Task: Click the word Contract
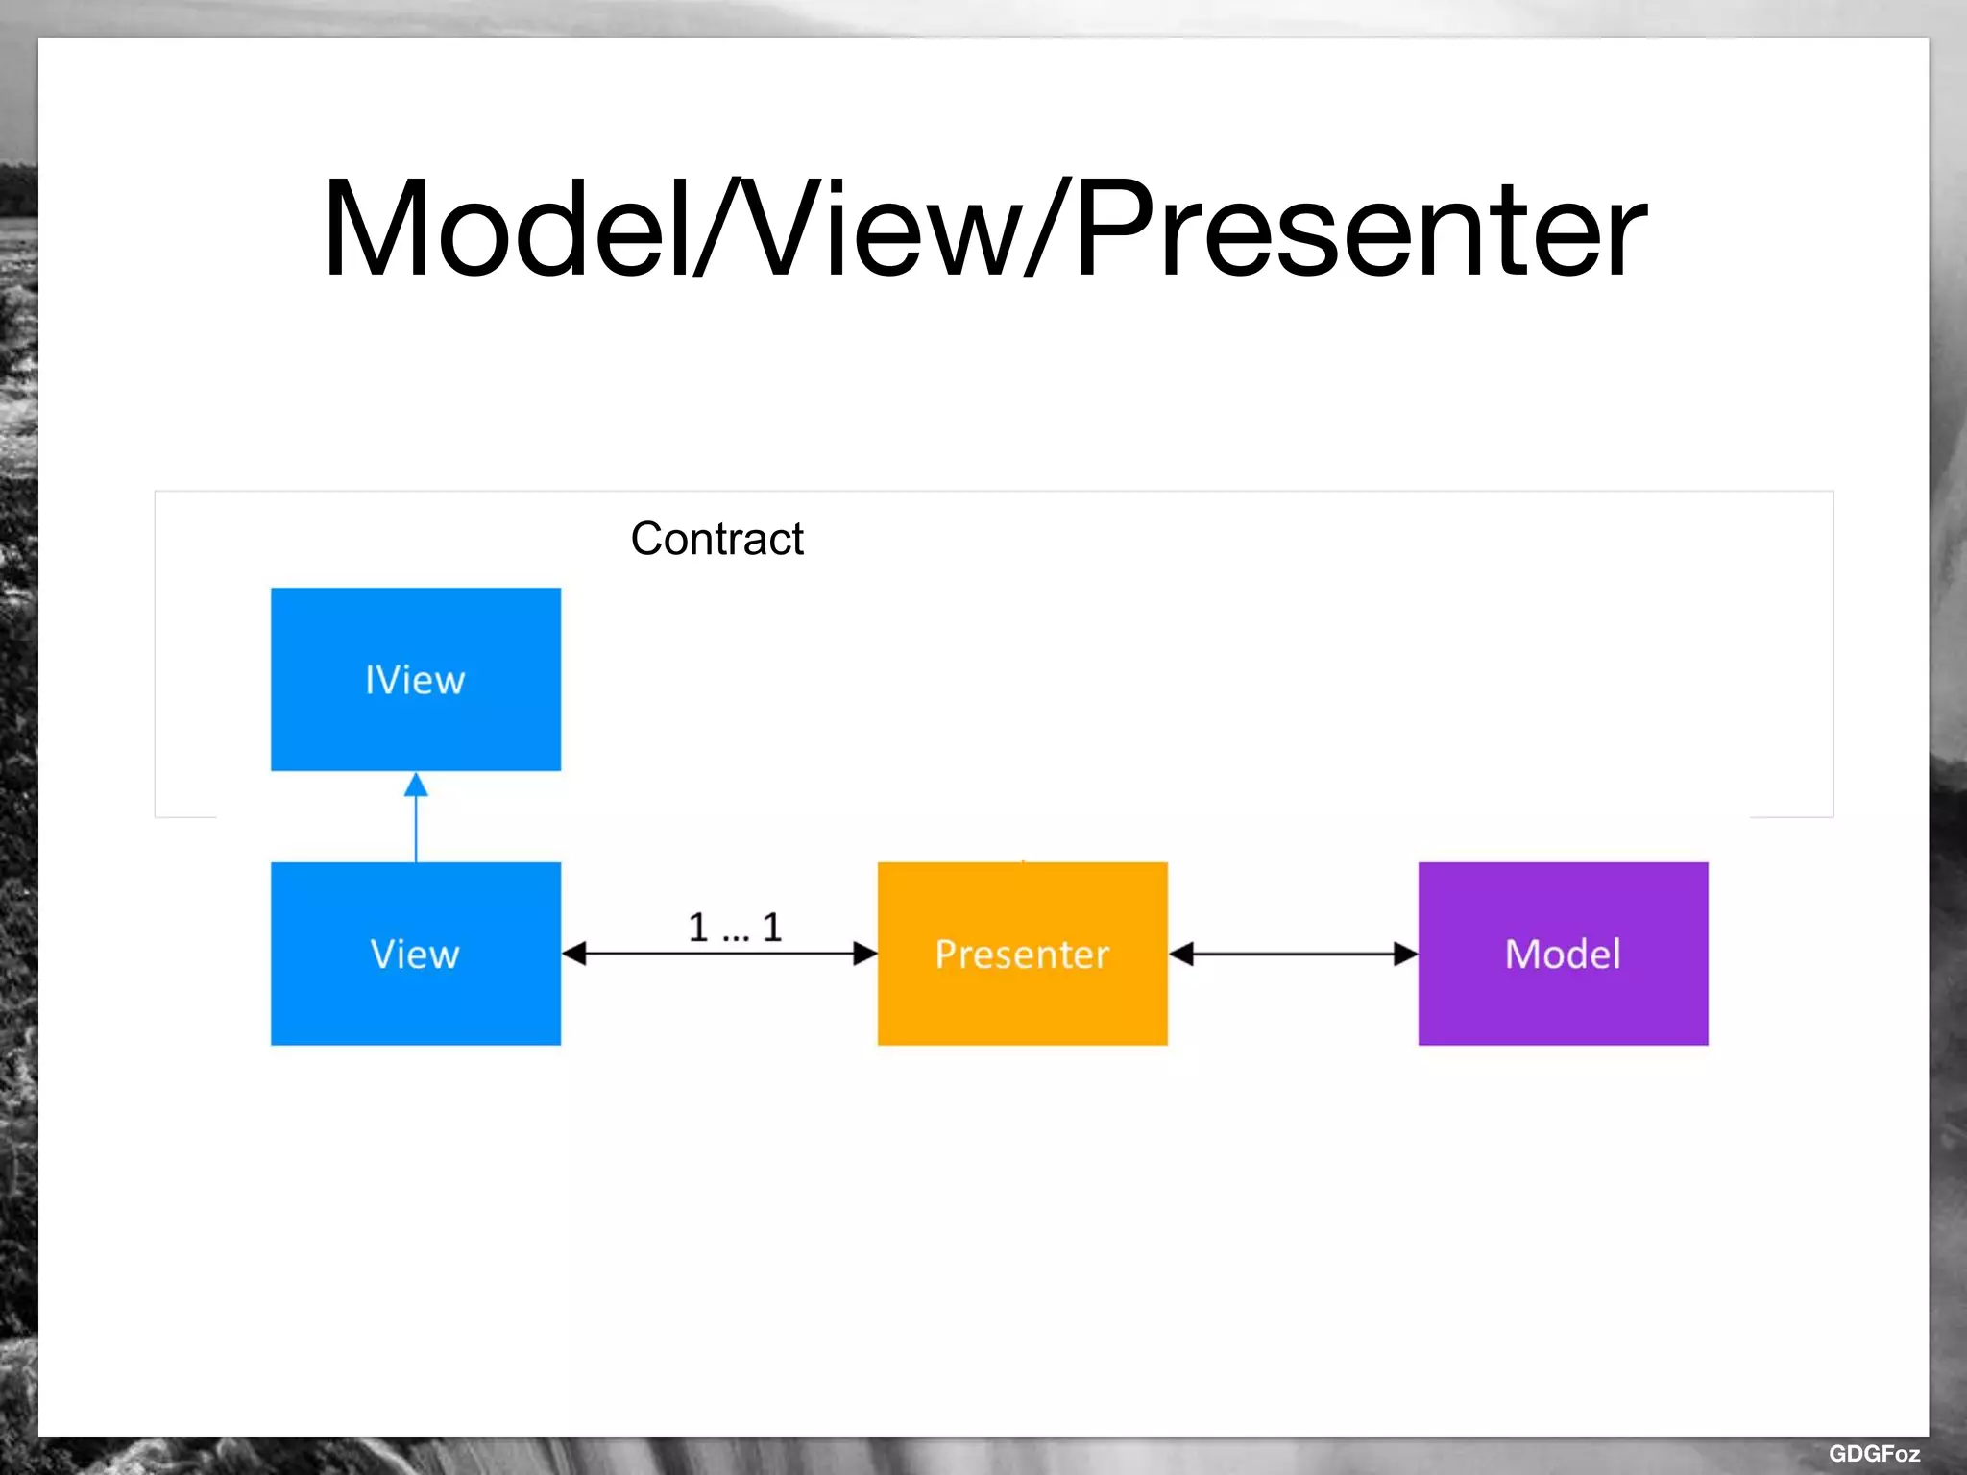pyautogui.click(x=716, y=539)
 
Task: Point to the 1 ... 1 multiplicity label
pyautogui.click(x=735, y=928)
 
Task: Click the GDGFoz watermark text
pyautogui.click(x=1873, y=1453)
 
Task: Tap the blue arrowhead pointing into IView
pyautogui.click(x=416, y=786)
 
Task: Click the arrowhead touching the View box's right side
pyautogui.click(x=574, y=954)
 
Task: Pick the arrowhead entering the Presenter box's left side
pyautogui.click(x=865, y=954)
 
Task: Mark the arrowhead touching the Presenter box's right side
pyautogui.click(x=1181, y=954)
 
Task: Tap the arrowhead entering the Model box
pyautogui.click(x=1405, y=954)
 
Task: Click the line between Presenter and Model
pyautogui.click(x=1293, y=954)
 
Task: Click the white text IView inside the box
pyautogui.click(x=415, y=680)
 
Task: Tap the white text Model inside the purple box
pyautogui.click(x=1563, y=954)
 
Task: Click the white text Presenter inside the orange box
pyautogui.click(x=1022, y=954)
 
